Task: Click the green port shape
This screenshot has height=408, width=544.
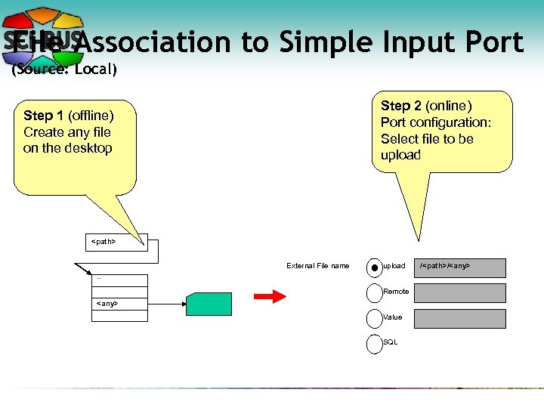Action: (209, 304)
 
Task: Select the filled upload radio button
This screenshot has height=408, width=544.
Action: (375, 267)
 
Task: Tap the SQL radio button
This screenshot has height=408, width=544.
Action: (375, 344)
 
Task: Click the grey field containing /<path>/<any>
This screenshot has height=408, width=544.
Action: (460, 267)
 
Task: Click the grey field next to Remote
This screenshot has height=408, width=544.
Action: (460, 293)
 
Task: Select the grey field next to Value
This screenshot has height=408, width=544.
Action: (460, 319)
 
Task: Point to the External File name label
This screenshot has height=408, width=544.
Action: (317, 266)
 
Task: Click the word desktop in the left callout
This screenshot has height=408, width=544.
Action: (89, 148)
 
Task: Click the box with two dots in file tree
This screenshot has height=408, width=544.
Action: (119, 279)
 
